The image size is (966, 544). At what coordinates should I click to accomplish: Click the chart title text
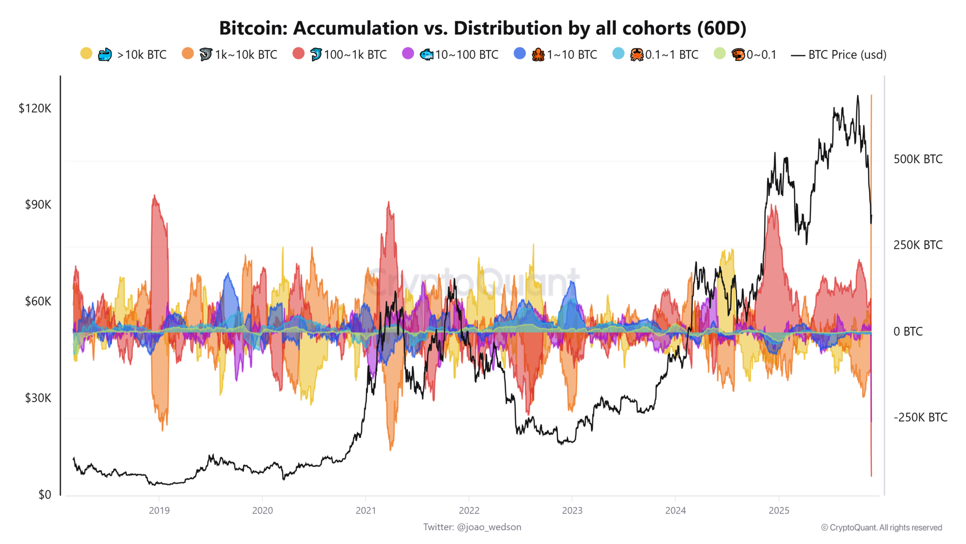click(483, 28)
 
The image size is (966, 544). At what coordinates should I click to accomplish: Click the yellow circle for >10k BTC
click(86, 53)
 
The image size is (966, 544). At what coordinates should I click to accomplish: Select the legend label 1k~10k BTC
click(246, 55)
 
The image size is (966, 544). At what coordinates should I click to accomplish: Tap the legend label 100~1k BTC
click(355, 55)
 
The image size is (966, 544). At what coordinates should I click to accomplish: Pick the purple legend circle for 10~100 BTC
click(408, 53)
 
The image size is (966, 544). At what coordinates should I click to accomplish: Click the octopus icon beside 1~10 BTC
click(538, 55)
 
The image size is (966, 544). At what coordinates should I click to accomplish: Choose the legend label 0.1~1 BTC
click(672, 55)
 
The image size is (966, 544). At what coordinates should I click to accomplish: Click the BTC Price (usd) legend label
click(847, 55)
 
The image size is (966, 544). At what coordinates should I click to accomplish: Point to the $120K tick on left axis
click(35, 109)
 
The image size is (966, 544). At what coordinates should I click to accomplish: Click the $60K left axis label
click(38, 301)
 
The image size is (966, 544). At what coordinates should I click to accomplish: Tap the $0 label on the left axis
click(45, 494)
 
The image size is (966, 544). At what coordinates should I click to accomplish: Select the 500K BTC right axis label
click(918, 159)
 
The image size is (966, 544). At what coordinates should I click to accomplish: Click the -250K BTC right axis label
click(920, 417)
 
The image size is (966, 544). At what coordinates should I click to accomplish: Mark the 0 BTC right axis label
click(908, 331)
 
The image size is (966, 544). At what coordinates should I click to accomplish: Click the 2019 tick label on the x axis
click(159, 510)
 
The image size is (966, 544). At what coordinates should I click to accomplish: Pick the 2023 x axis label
click(572, 510)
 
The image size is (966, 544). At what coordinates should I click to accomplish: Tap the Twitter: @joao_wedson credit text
click(472, 527)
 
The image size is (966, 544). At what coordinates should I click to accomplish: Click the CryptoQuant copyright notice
click(881, 527)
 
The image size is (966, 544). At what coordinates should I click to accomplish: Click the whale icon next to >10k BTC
click(105, 55)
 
